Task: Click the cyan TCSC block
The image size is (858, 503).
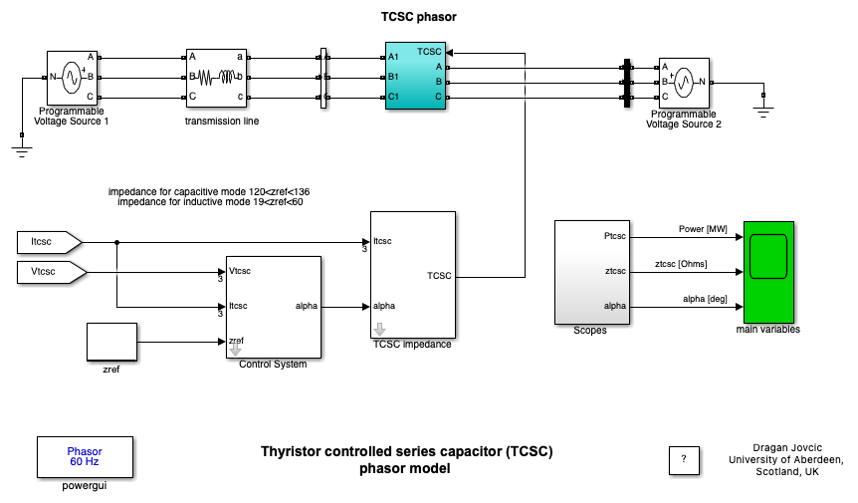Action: [x=415, y=76]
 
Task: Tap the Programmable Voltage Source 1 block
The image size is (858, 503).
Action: [x=72, y=77]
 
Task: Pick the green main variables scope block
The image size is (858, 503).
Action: [x=767, y=272]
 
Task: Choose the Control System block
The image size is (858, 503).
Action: [x=273, y=307]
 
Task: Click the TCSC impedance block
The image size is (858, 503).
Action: [x=412, y=275]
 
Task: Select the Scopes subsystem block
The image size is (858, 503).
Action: [x=593, y=273]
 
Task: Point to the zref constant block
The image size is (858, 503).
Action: [x=111, y=342]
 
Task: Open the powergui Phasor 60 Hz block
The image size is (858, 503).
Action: [x=84, y=457]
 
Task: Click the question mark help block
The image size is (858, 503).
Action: [x=683, y=459]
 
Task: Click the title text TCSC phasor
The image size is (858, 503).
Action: [x=419, y=17]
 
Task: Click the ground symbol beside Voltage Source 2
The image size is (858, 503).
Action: [x=763, y=106]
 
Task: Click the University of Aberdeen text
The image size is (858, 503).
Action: [x=787, y=459]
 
